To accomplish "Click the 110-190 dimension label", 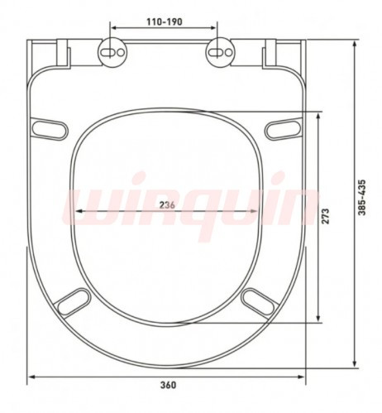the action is [165, 22].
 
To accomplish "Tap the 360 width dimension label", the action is [168, 385].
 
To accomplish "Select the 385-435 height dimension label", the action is [362, 198].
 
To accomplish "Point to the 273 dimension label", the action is [326, 216].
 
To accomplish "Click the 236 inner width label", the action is [167, 205].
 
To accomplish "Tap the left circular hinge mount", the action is [112, 52].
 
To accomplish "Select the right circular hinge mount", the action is [220, 52].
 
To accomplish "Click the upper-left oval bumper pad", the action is [49, 129].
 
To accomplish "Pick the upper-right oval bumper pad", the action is [284, 129].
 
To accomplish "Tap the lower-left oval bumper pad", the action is [73, 302].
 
